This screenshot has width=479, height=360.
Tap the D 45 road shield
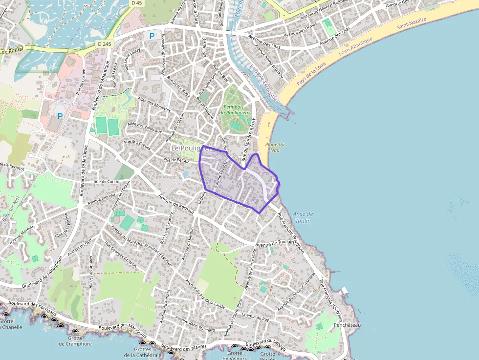click(x=137, y=3)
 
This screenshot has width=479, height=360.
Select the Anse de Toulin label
click(x=304, y=217)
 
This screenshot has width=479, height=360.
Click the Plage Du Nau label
click(x=275, y=147)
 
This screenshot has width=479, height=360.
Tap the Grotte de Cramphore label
click(x=75, y=340)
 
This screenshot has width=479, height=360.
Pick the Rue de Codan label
click(x=107, y=182)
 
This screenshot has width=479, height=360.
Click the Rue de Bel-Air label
click(x=176, y=160)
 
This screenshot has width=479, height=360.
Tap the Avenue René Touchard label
click(x=195, y=325)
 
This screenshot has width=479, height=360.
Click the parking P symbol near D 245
click(x=152, y=36)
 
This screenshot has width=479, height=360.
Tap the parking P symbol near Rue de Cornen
click(x=60, y=116)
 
